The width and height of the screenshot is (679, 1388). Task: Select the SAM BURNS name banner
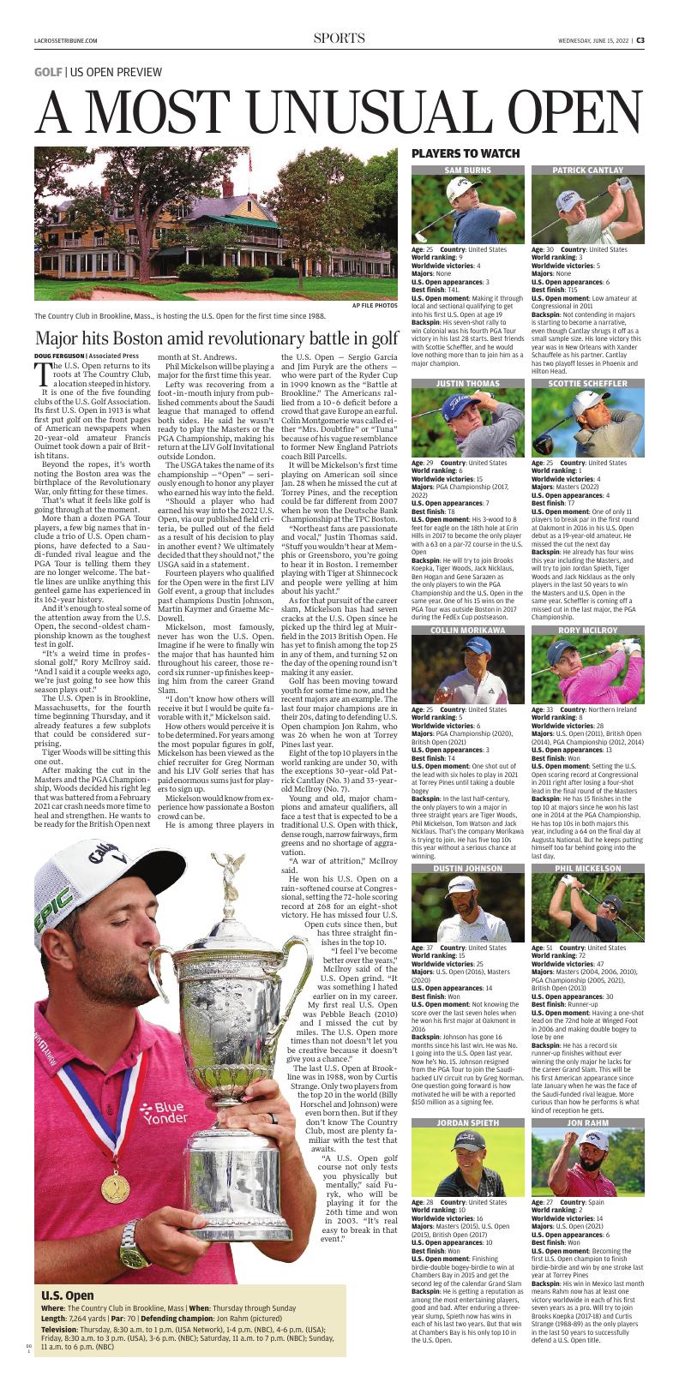(x=467, y=171)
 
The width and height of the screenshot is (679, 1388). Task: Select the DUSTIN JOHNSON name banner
(x=467, y=868)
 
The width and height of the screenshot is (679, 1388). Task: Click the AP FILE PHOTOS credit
(x=375, y=305)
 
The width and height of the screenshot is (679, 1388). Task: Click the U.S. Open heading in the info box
(x=68, y=1296)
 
